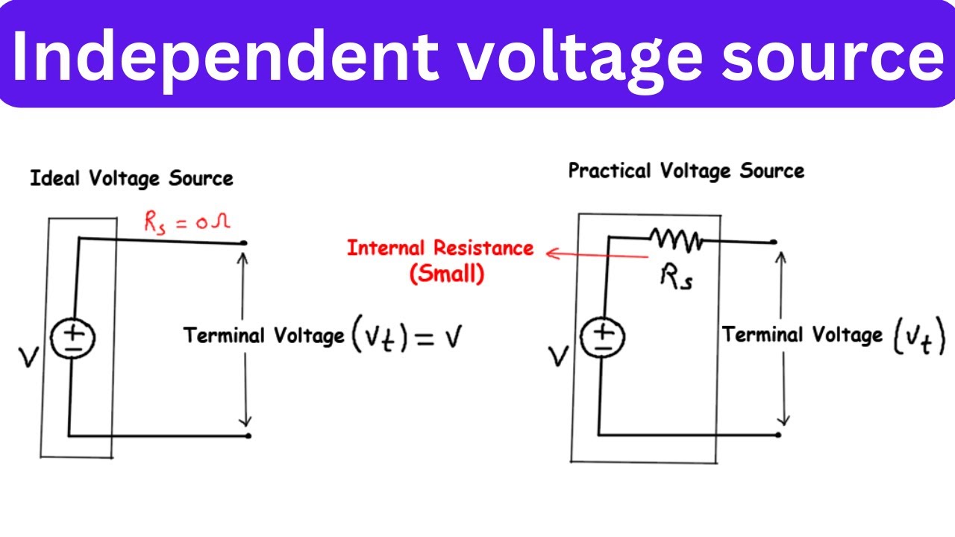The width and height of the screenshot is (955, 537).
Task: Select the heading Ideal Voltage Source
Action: [x=131, y=179]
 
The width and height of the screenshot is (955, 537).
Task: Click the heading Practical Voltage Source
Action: [x=686, y=171]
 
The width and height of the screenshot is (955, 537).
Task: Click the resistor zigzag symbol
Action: [x=676, y=239]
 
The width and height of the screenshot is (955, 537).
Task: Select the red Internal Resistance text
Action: [x=440, y=248]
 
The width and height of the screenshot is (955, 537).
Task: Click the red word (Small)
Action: [x=447, y=274]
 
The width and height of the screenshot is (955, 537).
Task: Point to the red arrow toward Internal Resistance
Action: [x=597, y=255]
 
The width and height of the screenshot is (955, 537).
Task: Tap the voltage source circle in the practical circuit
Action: [x=602, y=339]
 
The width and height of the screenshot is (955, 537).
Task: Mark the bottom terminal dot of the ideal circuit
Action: [x=248, y=435]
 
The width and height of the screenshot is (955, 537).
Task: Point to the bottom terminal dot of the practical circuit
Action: [x=778, y=435]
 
